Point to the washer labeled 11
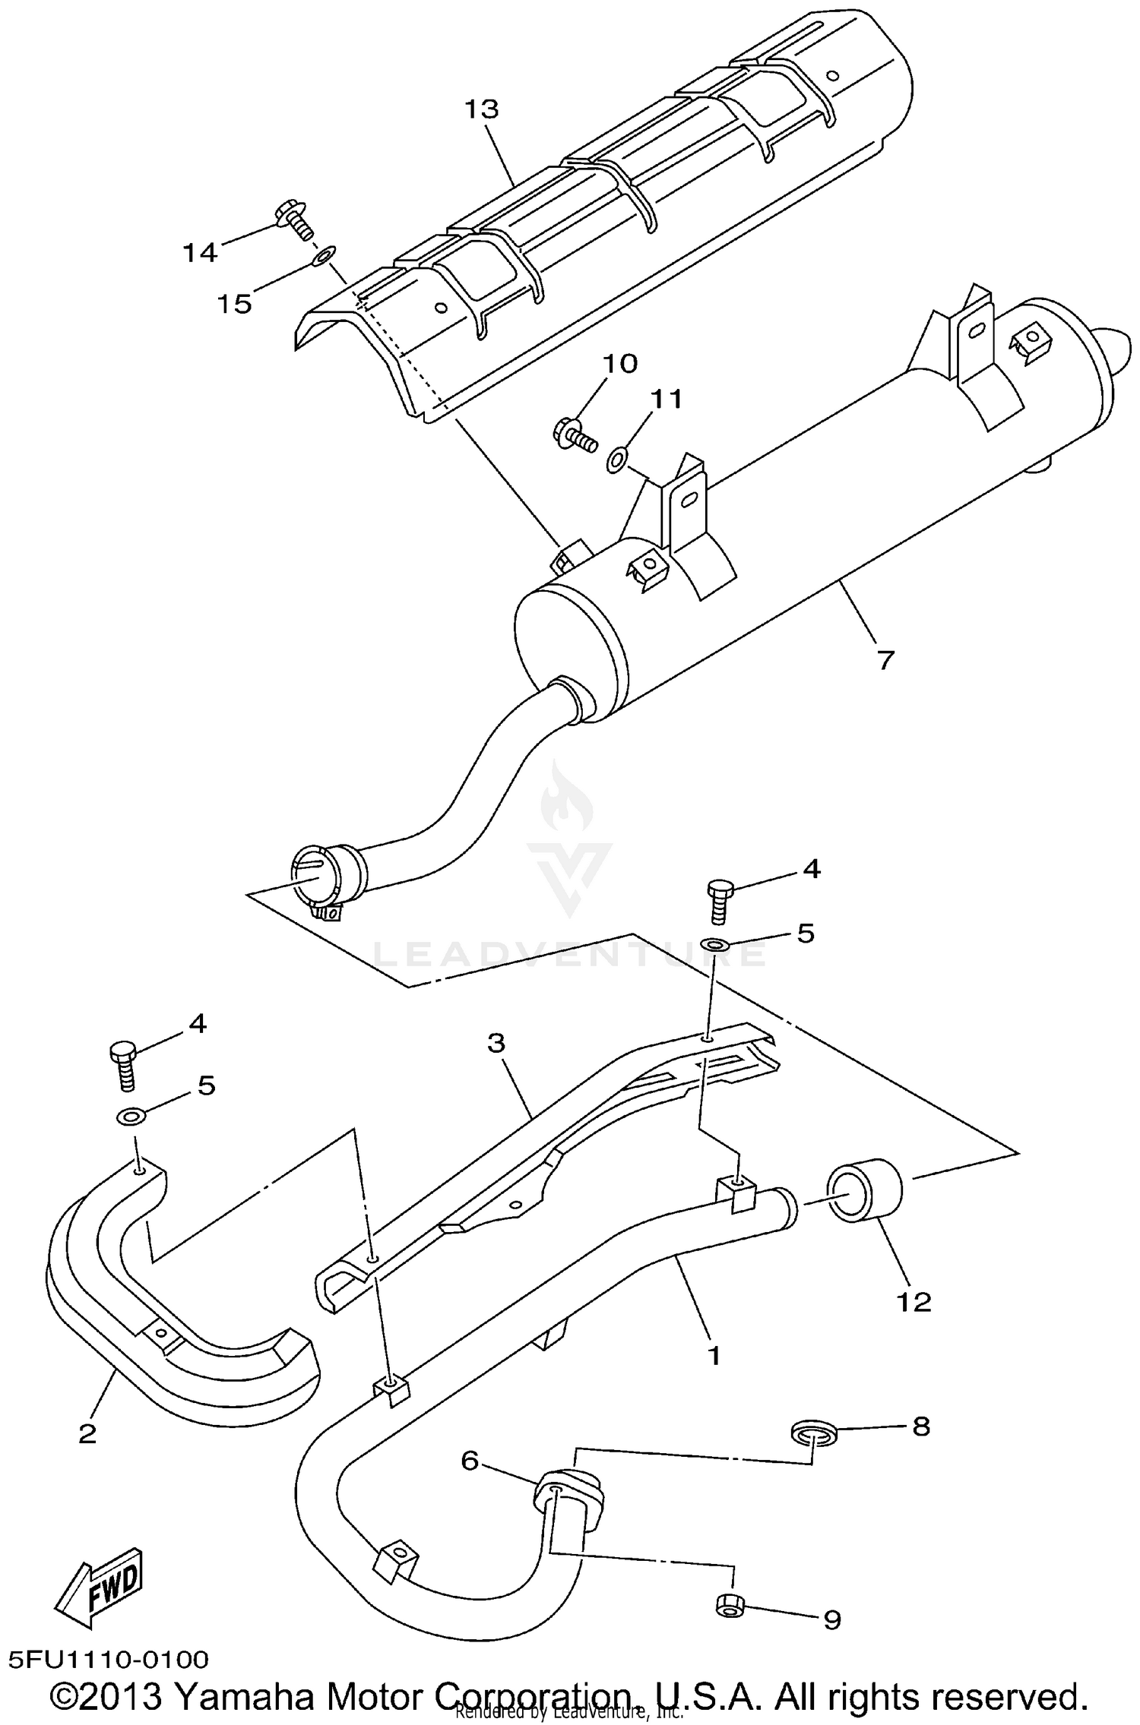coord(616,459)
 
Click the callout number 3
coord(496,1043)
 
